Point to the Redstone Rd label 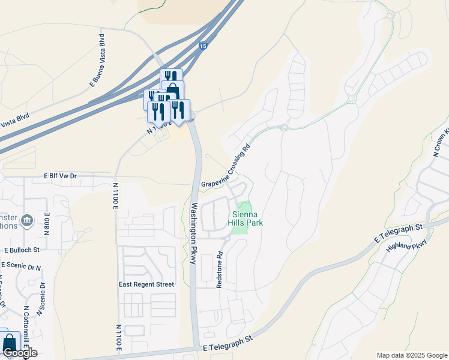pos(220,269)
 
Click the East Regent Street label pos(146,284)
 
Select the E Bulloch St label pos(22,250)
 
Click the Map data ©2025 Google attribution pos(411,355)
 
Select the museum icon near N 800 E pos(26,221)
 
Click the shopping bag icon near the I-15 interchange pos(172,91)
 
